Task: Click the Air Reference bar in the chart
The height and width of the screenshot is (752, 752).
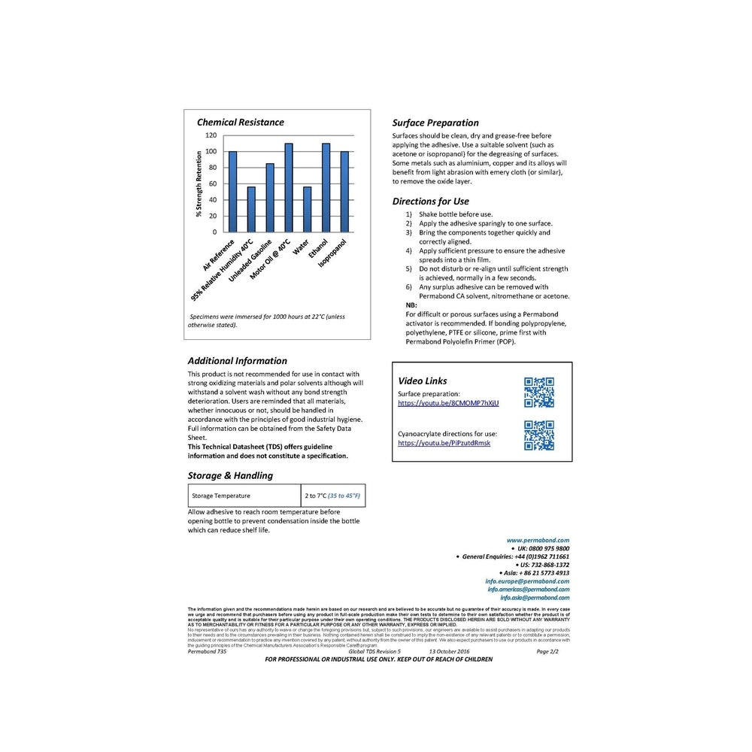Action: coord(232,192)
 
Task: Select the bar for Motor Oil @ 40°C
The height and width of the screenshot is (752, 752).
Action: coord(289,187)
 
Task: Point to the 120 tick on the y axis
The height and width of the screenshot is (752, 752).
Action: coord(211,135)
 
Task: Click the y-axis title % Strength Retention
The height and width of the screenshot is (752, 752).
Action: coord(199,183)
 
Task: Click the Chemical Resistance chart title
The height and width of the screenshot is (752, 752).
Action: coord(240,122)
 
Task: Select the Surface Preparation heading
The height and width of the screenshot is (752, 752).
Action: coord(435,123)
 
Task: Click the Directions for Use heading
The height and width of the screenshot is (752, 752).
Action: coord(431,201)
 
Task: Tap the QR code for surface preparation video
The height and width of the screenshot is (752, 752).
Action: coord(538,393)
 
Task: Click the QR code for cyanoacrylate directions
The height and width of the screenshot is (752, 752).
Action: coord(538,435)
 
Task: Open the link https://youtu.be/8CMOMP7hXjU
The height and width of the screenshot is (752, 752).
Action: coord(448,403)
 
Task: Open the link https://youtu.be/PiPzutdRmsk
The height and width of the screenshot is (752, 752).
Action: coord(444,444)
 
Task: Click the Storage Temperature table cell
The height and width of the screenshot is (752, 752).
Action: coord(244,496)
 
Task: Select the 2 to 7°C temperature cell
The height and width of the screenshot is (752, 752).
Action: coord(332,496)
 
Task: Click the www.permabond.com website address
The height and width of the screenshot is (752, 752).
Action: coord(538,540)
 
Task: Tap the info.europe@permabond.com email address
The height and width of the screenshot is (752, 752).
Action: coord(527,581)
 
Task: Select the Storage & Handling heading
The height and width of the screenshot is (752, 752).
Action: coord(230,475)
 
